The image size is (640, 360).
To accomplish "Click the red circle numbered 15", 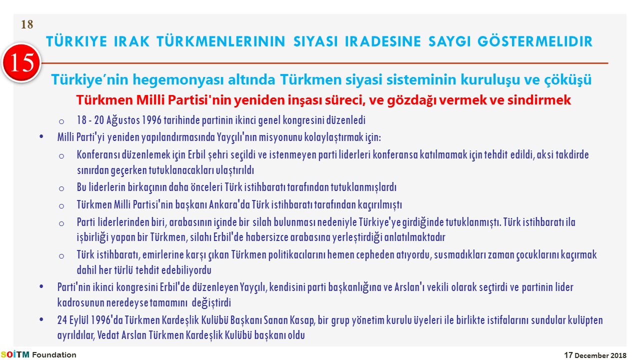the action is tap(21, 63).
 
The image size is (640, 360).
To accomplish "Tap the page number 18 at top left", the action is tap(27, 24).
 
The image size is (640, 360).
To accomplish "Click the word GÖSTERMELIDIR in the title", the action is tap(535, 41).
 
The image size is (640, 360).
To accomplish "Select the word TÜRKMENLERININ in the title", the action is tap(221, 41).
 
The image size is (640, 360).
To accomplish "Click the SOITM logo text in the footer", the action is tap(15, 354).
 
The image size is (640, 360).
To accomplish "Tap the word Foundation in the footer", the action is tap(54, 355).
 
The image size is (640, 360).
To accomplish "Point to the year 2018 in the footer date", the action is tap(618, 355).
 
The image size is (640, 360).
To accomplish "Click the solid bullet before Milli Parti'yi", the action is tap(41, 136).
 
